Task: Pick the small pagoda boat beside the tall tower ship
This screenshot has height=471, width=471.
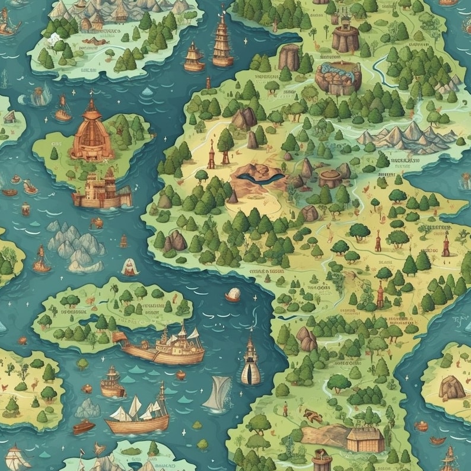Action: [x=193, y=58]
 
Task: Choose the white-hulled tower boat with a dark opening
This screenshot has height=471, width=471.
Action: [x=250, y=362]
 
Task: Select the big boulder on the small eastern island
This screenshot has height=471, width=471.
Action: [x=452, y=386]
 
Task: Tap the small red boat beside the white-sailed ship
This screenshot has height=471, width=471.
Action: [x=83, y=427]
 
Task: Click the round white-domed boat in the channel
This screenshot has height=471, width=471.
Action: [x=233, y=294]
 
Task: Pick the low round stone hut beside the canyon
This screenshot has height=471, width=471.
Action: [x=330, y=178]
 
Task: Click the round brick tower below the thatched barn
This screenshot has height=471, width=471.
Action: [x=321, y=460]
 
